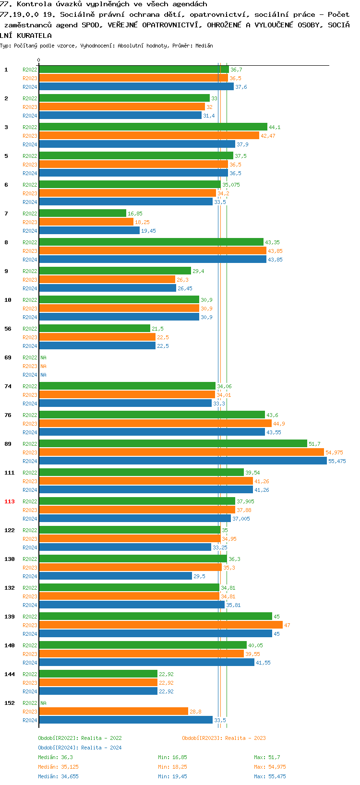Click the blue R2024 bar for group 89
pos(182,461)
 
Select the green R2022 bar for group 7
pos(82,213)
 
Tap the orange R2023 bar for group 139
pos(160,625)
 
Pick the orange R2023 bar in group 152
pos(113,711)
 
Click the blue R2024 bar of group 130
pos(115,576)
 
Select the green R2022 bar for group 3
pos(153,127)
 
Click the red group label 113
pos(10,501)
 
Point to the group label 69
pos(8,357)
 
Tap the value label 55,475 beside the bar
pos(337,461)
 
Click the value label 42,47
pos(268,136)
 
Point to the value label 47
pos(287,625)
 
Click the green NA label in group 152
pos(43,703)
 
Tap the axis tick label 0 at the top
pos(39,60)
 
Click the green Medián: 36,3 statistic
pos(56,757)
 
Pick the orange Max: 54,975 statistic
pos(270,767)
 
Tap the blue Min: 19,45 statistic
pos(172,776)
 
